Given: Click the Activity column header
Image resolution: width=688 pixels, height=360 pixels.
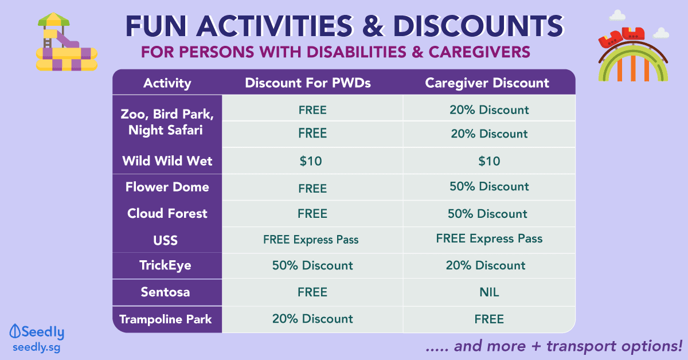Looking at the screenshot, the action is pos(167,83).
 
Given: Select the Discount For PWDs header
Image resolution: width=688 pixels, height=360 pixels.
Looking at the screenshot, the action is pos(308,83).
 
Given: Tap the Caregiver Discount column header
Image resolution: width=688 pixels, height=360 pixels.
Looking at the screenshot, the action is pos(487,83).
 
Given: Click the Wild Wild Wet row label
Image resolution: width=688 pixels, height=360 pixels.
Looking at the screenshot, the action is pos(167,161).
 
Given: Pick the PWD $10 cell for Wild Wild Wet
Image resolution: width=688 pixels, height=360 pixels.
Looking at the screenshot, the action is pos(311,161).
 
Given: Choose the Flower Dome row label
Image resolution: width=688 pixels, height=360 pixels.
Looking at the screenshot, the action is pos(167,187).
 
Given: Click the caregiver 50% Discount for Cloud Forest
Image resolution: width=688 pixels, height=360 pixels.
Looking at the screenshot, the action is pos(487,213).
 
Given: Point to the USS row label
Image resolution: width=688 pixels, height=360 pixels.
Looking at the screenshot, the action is pos(166,240).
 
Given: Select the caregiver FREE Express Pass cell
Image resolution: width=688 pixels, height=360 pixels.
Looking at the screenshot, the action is pos(489,238).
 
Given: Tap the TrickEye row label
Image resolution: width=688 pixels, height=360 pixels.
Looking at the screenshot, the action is pos(165,265).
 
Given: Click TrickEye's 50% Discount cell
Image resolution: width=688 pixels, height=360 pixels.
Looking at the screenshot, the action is pos(312,265).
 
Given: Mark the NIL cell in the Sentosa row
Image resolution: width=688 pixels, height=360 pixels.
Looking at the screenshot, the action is pos(489,292).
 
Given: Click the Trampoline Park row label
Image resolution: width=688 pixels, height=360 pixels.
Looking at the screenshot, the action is pos(166,319).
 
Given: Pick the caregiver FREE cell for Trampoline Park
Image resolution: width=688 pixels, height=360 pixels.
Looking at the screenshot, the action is pos(489,319).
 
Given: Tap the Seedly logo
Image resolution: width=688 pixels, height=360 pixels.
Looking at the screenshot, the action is pos(37,332).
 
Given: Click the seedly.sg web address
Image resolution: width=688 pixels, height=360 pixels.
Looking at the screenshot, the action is pos(37,348).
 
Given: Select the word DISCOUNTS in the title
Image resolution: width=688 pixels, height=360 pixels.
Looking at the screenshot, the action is pos(478,26).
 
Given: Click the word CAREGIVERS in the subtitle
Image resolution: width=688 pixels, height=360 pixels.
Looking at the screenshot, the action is pos(479,52).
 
